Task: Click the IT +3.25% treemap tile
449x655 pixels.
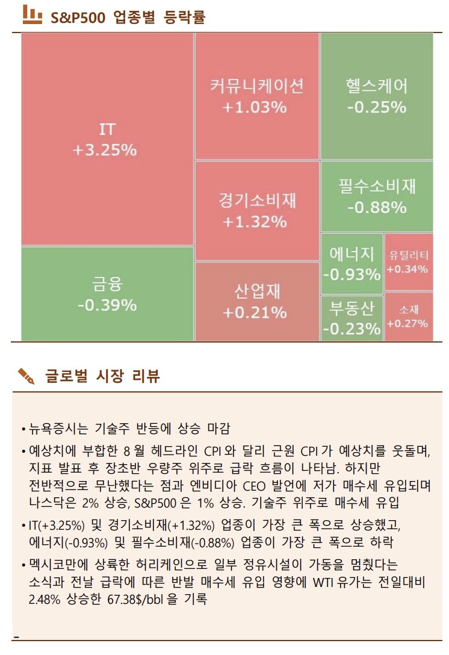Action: pyautogui.click(x=107, y=139)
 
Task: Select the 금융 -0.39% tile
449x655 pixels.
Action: pyautogui.click(x=107, y=294)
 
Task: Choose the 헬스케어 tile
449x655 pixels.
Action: pyautogui.click(x=377, y=96)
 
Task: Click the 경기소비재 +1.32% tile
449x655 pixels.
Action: pyautogui.click(x=257, y=211)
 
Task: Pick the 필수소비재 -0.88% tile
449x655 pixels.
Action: pyautogui.click(x=377, y=196)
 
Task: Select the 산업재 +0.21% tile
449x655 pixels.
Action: pyautogui.click(x=257, y=302)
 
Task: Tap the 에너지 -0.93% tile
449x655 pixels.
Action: pyautogui.click(x=352, y=263)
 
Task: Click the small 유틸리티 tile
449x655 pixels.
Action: pyautogui.click(x=409, y=262)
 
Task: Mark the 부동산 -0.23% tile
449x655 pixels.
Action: pyautogui.click(x=352, y=318)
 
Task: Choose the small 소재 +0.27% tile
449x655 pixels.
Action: pyautogui.click(x=409, y=317)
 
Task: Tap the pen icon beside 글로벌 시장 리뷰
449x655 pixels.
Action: pyautogui.click(x=26, y=376)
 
